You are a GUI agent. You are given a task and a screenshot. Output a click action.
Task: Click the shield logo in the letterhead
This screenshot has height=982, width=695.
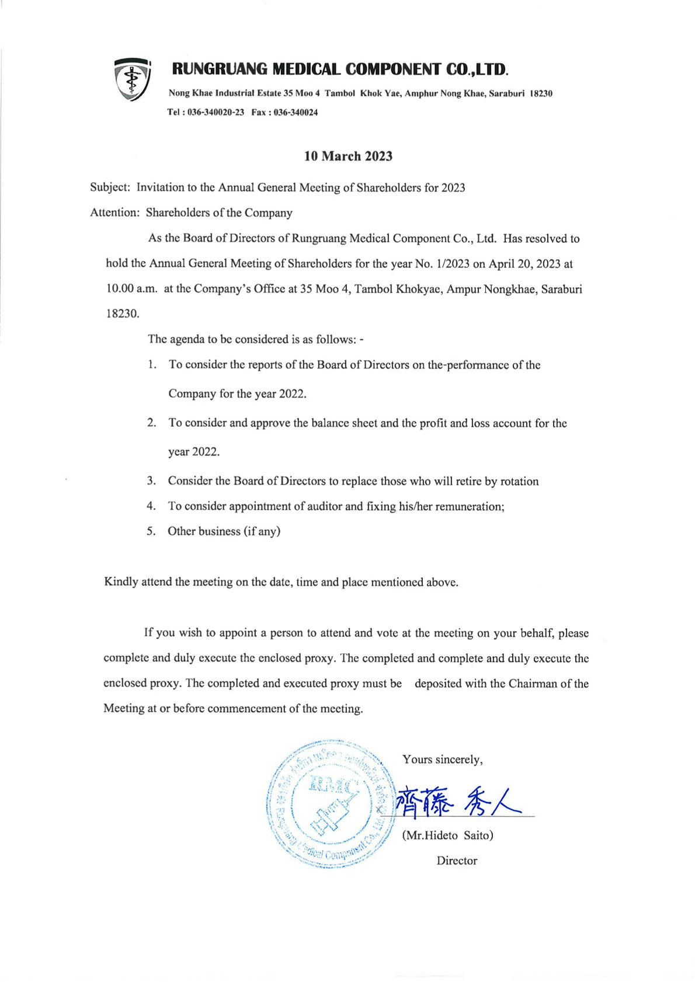133,79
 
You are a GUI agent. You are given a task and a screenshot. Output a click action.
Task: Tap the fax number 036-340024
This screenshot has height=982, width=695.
296,113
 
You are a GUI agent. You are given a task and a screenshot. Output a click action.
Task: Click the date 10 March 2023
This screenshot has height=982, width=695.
348,156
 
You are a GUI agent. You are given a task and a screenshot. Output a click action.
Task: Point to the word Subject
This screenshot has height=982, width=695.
109,187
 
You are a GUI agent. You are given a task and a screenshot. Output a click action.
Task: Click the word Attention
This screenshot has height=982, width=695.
113,213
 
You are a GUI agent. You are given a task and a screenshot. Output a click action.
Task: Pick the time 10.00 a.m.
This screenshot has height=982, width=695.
131,289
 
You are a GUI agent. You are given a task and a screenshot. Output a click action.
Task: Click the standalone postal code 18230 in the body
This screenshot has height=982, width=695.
122,314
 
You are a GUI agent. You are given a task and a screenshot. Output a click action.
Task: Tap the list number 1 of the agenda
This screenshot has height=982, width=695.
152,365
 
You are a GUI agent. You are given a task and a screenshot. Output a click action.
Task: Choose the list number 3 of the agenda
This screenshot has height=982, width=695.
151,481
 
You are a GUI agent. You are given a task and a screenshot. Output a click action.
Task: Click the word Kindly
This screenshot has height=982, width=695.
121,582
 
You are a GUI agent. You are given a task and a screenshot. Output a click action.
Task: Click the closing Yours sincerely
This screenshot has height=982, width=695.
442,760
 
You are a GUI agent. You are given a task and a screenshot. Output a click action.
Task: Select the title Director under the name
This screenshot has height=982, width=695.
457,861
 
